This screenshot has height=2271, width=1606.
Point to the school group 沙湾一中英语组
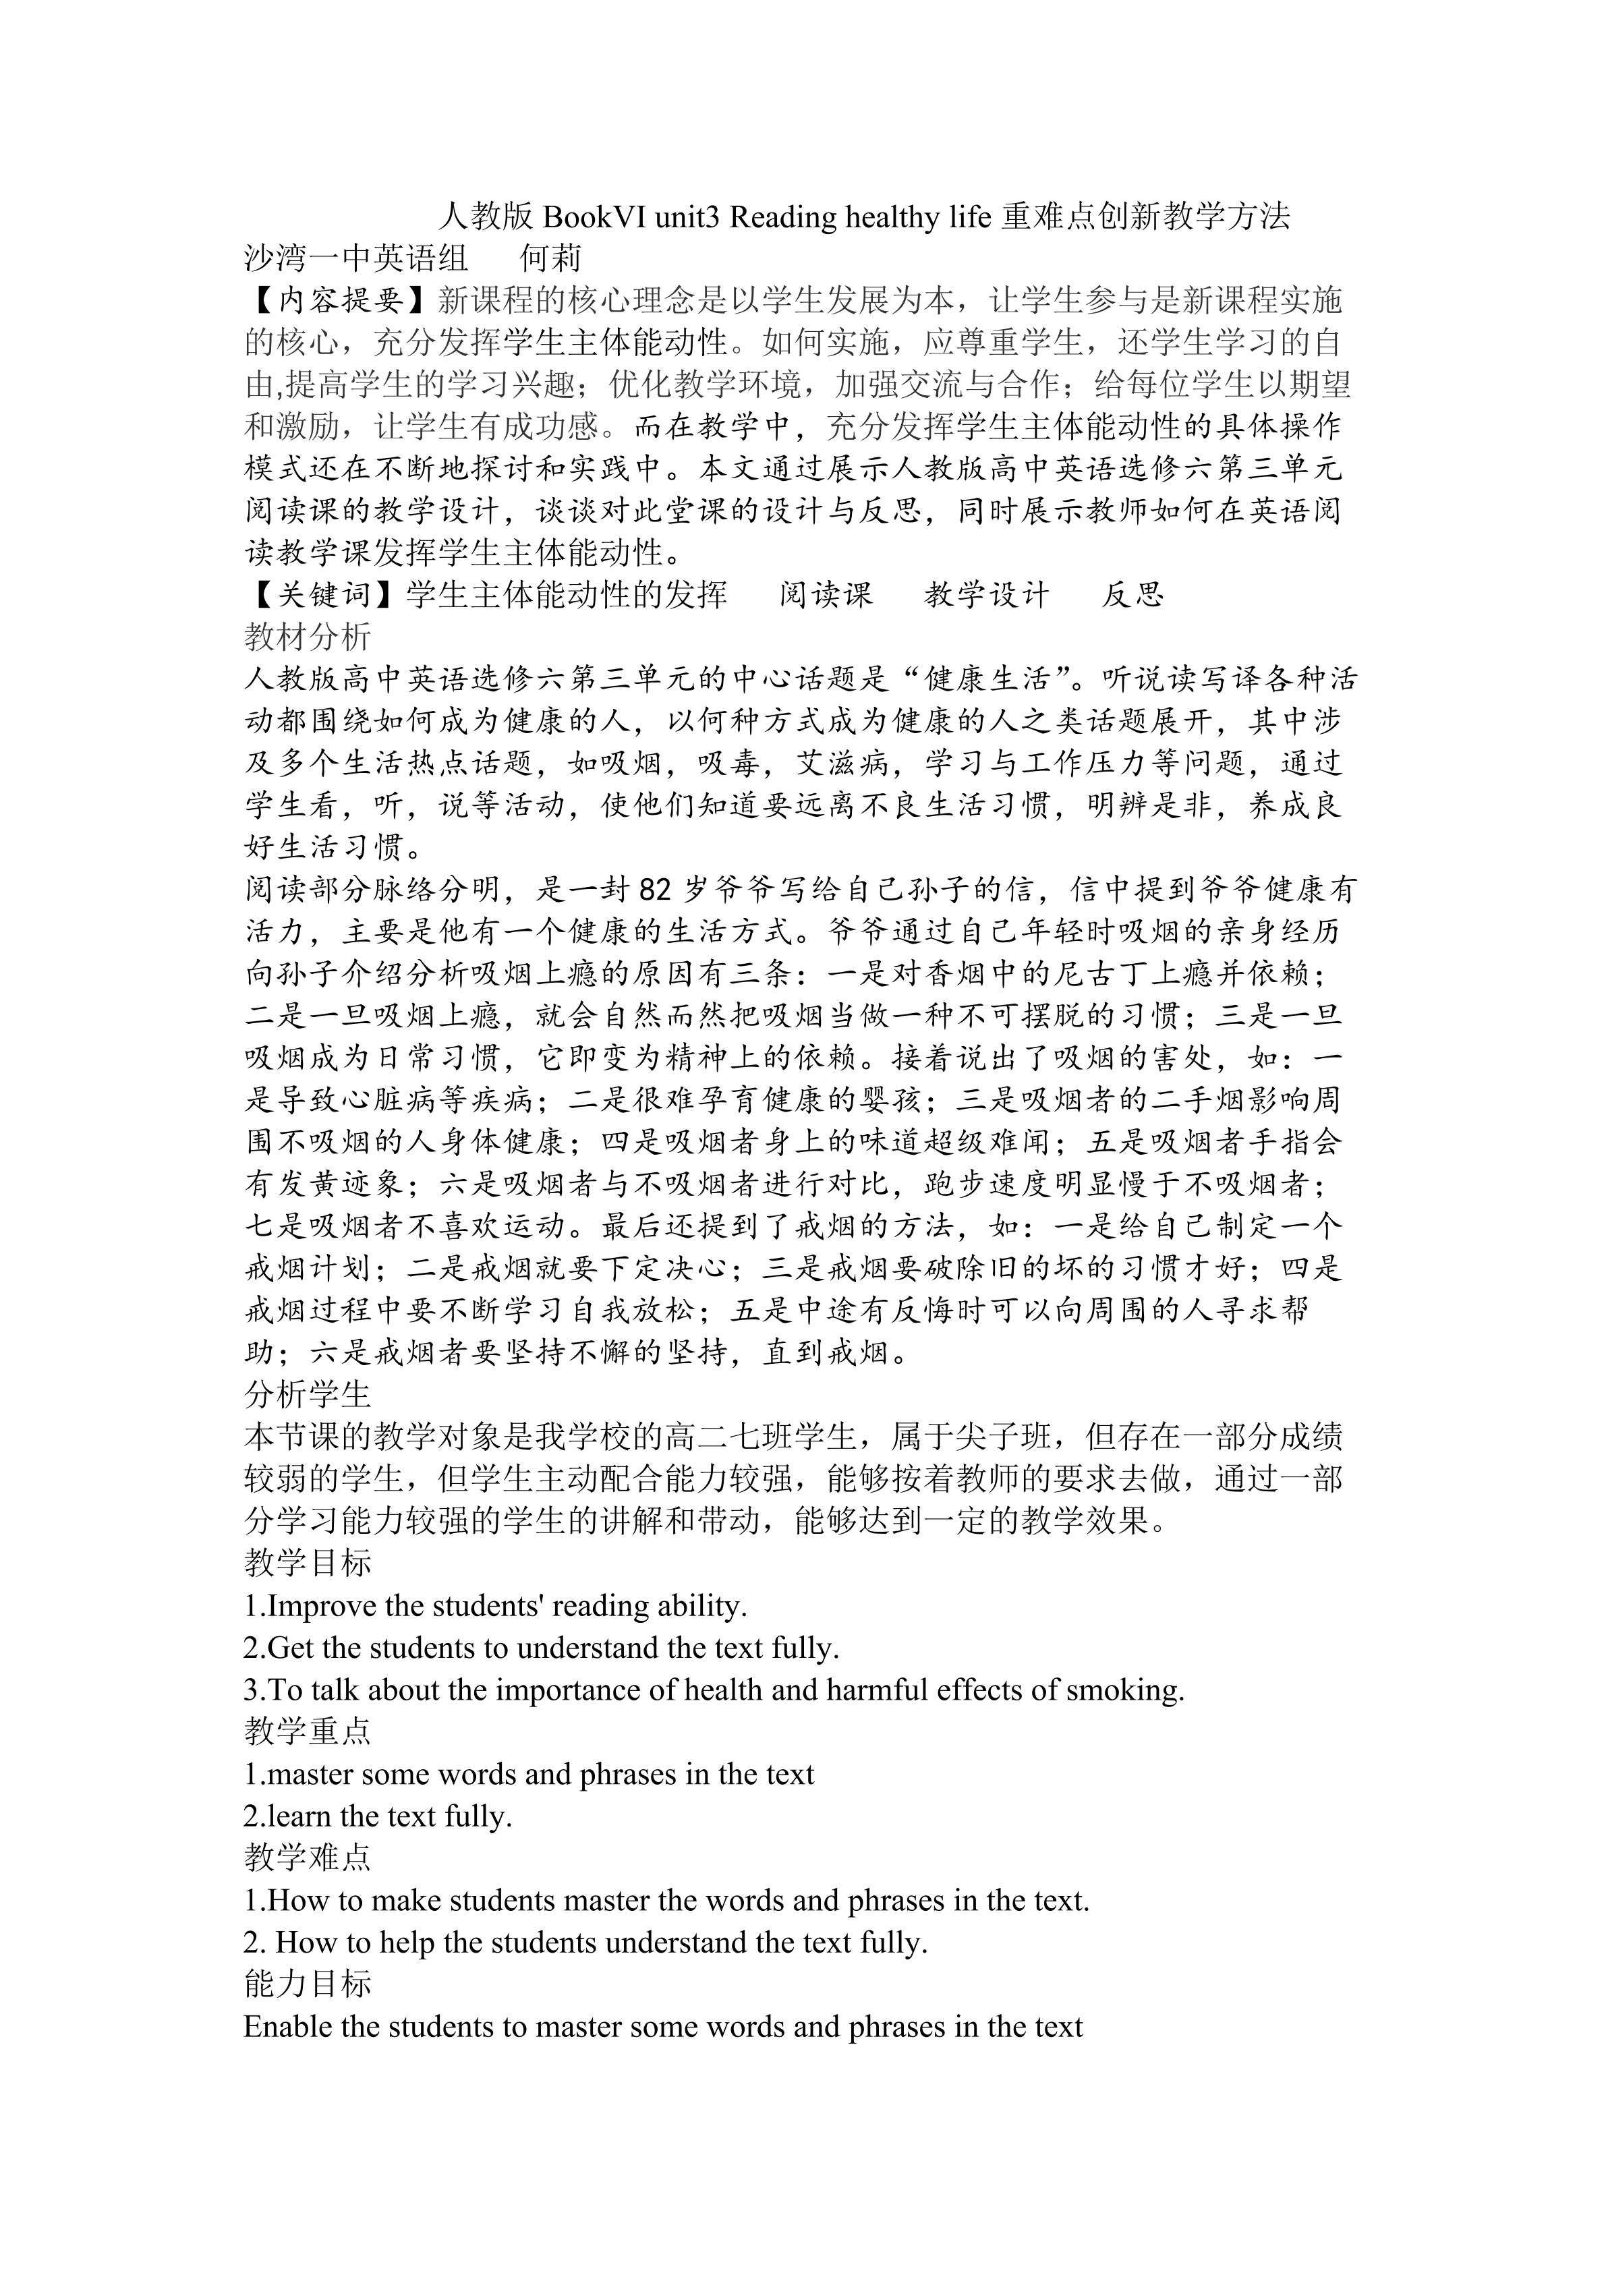point(356,258)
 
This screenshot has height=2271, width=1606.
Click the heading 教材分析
point(308,637)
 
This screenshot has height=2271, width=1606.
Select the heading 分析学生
point(308,1395)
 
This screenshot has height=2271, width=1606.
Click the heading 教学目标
point(308,1563)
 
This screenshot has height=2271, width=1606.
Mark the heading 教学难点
point(308,1858)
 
